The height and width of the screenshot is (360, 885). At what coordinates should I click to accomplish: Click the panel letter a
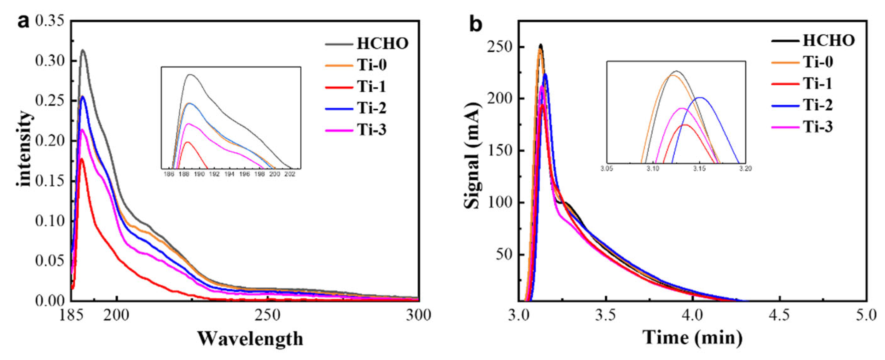[23, 22]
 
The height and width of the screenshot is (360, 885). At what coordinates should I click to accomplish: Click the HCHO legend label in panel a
[382, 44]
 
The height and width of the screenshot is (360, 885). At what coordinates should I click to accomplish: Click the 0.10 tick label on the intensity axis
[49, 221]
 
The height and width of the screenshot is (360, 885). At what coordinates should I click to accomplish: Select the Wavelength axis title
[250, 339]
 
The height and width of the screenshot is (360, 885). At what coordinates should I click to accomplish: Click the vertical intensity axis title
[25, 148]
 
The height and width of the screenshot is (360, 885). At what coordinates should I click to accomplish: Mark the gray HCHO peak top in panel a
[83, 50]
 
